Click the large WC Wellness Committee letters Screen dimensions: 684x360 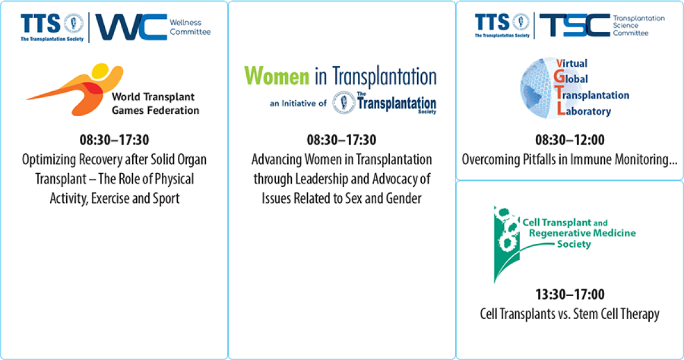[x=131, y=27]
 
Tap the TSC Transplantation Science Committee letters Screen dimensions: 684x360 [x=575, y=25]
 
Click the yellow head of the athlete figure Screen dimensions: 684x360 [x=100, y=71]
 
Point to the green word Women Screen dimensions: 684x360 [x=276, y=76]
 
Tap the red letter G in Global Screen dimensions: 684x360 [x=559, y=76]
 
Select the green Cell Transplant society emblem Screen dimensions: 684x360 [x=507, y=244]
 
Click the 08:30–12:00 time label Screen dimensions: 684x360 [x=570, y=140]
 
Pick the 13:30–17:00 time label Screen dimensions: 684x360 [x=570, y=294]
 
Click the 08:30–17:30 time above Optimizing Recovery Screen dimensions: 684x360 [x=114, y=140]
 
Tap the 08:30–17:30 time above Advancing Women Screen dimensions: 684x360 [x=341, y=140]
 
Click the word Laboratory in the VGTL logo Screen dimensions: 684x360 [x=584, y=111]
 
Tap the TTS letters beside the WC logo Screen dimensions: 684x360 [x=40, y=23]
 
